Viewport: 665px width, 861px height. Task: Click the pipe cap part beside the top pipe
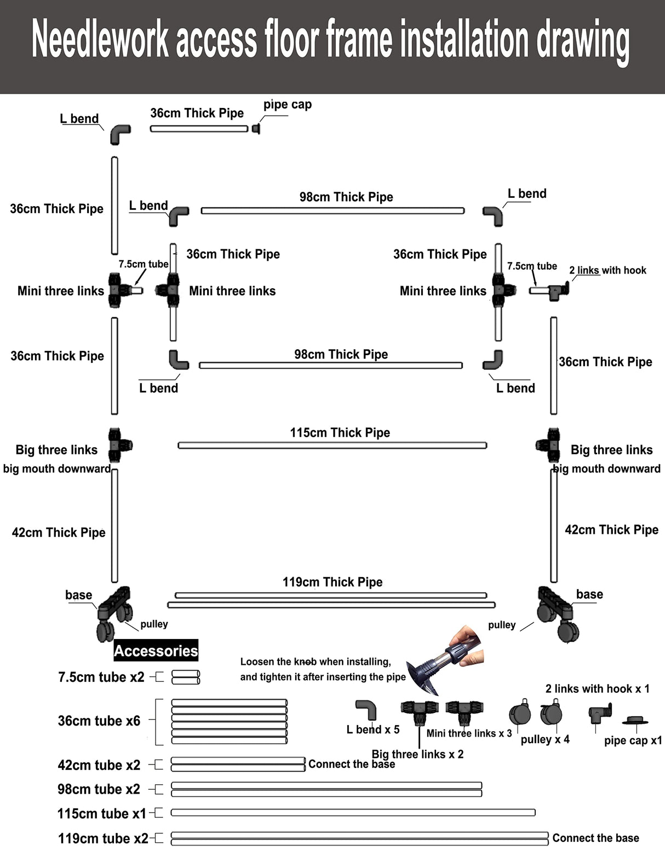click(256, 128)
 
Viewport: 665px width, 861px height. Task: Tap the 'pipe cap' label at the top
click(287, 105)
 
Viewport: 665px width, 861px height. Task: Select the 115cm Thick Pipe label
click(340, 433)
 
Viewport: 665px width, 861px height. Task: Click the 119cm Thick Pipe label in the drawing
click(332, 582)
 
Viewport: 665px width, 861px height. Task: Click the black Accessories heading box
click(156, 651)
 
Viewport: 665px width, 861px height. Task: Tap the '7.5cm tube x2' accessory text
click(101, 677)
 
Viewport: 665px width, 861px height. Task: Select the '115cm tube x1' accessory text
click(102, 814)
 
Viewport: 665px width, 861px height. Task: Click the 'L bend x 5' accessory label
click(373, 730)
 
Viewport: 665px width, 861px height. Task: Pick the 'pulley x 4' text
click(545, 740)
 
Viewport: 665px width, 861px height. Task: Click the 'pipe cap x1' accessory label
click(633, 741)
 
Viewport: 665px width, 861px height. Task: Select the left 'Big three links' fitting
click(118, 445)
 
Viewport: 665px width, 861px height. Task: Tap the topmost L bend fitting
click(120, 134)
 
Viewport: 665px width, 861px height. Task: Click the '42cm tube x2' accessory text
click(99, 765)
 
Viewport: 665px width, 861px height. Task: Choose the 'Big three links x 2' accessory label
click(417, 755)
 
